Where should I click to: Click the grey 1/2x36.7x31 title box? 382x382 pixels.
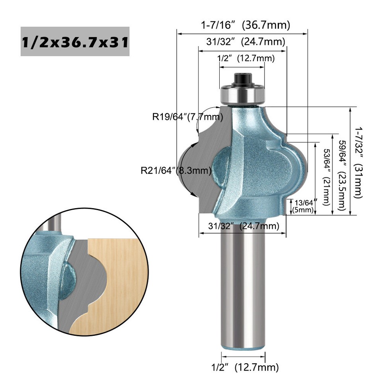point(75,41)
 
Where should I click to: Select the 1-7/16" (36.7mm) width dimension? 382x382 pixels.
point(245,25)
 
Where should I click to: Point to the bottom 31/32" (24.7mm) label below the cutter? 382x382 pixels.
point(242,226)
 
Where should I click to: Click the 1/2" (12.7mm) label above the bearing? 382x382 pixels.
point(246,58)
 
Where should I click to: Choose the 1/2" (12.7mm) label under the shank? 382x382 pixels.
point(244,366)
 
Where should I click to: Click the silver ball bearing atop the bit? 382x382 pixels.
point(242,95)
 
